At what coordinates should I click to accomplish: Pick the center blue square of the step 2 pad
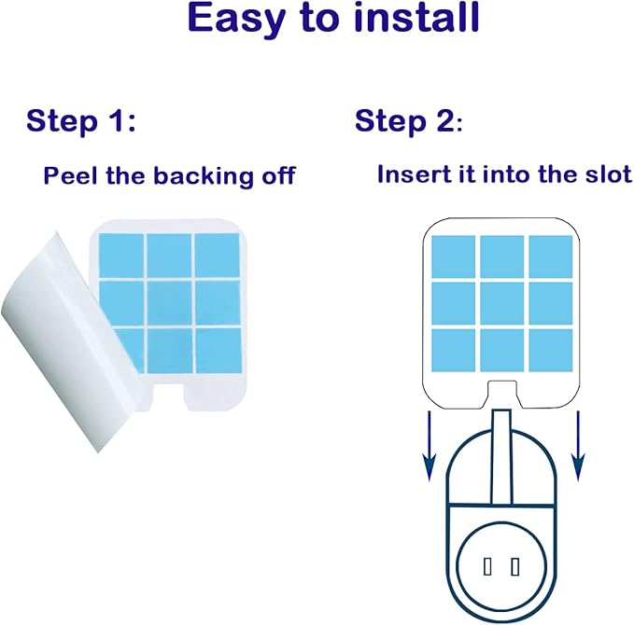(x=502, y=303)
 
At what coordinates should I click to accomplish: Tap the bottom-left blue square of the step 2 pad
(x=454, y=350)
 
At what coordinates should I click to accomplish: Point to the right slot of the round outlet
(x=514, y=565)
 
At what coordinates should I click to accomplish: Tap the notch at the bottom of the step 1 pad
(x=167, y=391)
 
